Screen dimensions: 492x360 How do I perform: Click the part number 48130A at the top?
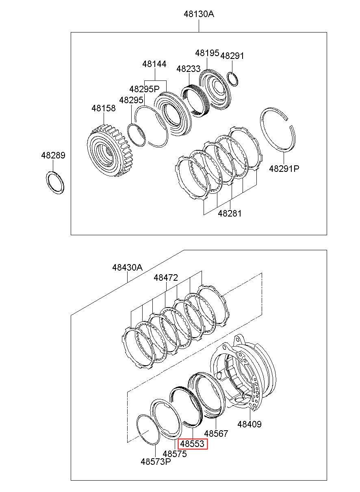[199, 14]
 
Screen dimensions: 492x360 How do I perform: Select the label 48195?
[207, 53]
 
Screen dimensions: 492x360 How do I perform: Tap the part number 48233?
[189, 69]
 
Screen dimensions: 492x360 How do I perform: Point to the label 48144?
[154, 64]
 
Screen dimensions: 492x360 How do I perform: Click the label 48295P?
[145, 89]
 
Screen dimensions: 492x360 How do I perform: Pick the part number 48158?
[104, 108]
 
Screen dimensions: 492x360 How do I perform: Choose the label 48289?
[53, 155]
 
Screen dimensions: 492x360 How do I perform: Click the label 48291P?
[284, 168]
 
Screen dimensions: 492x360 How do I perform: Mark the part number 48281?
[230, 213]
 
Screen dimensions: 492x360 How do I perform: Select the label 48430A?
[128, 268]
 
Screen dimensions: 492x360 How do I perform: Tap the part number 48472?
[166, 278]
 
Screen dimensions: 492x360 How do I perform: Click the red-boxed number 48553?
[192, 444]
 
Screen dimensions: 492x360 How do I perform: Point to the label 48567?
[216, 433]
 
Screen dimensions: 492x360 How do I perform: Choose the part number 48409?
[249, 424]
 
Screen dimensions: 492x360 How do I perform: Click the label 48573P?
[156, 462]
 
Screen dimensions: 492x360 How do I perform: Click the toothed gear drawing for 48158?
[108, 150]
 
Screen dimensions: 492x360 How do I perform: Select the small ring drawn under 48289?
[54, 182]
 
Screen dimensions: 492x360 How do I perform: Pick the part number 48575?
[175, 453]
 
